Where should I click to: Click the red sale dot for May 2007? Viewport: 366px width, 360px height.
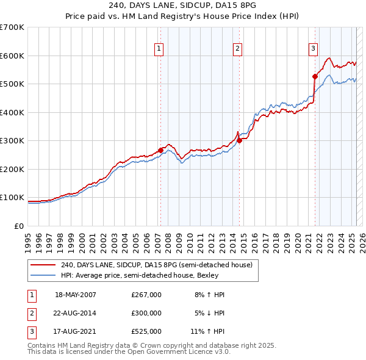click(x=160, y=150)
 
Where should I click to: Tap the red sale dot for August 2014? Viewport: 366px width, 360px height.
click(x=239, y=140)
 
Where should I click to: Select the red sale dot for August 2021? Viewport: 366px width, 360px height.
click(x=315, y=76)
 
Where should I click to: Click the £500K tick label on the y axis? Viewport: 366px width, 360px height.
click(x=12, y=84)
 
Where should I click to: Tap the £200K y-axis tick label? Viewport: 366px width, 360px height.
click(x=12, y=169)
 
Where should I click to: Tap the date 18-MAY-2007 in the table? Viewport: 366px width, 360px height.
click(x=76, y=295)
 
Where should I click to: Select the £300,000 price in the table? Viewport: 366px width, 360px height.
click(x=146, y=313)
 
